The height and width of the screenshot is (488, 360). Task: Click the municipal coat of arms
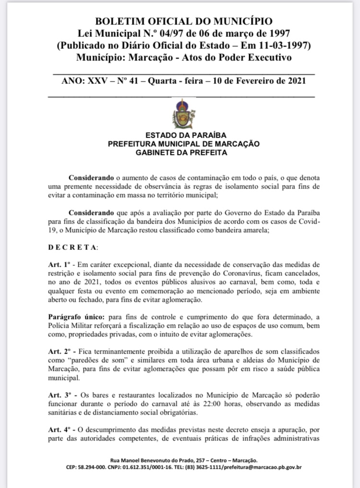183,114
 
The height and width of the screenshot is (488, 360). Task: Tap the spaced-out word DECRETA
72,248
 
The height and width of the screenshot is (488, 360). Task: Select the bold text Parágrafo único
76,317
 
